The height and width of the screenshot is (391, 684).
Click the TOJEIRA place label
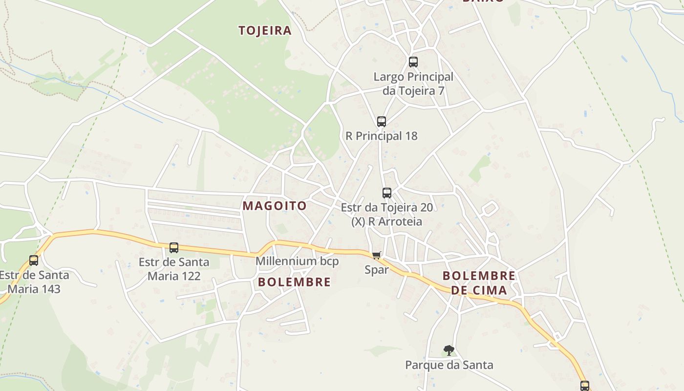point(265,31)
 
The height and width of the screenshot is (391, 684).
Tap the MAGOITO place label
point(275,206)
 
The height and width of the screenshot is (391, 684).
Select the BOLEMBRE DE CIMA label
point(478,283)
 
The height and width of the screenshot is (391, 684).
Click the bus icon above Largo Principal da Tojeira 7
point(413,62)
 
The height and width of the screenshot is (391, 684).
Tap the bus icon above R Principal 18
point(382,121)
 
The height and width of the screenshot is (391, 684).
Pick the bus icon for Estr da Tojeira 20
point(387,193)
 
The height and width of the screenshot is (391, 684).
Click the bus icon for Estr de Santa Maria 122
point(174,247)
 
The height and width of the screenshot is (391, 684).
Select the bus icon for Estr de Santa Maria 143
point(34,261)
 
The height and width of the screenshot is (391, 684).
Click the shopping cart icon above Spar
point(376,255)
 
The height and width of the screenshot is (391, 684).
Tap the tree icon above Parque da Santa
point(449,350)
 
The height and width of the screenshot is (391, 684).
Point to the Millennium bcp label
point(297,261)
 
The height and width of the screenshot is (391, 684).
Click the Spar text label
point(377,270)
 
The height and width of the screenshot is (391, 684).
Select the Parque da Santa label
point(449,365)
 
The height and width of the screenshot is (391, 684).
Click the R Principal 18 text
point(382,136)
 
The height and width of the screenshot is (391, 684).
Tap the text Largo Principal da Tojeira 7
point(413,84)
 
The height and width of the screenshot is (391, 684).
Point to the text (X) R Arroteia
point(386,221)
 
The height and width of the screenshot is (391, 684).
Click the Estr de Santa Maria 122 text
point(174,269)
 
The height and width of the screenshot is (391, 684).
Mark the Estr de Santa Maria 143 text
point(34,282)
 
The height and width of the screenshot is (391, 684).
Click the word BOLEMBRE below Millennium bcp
point(294,282)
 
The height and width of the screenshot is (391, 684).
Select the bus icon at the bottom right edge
point(585,386)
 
